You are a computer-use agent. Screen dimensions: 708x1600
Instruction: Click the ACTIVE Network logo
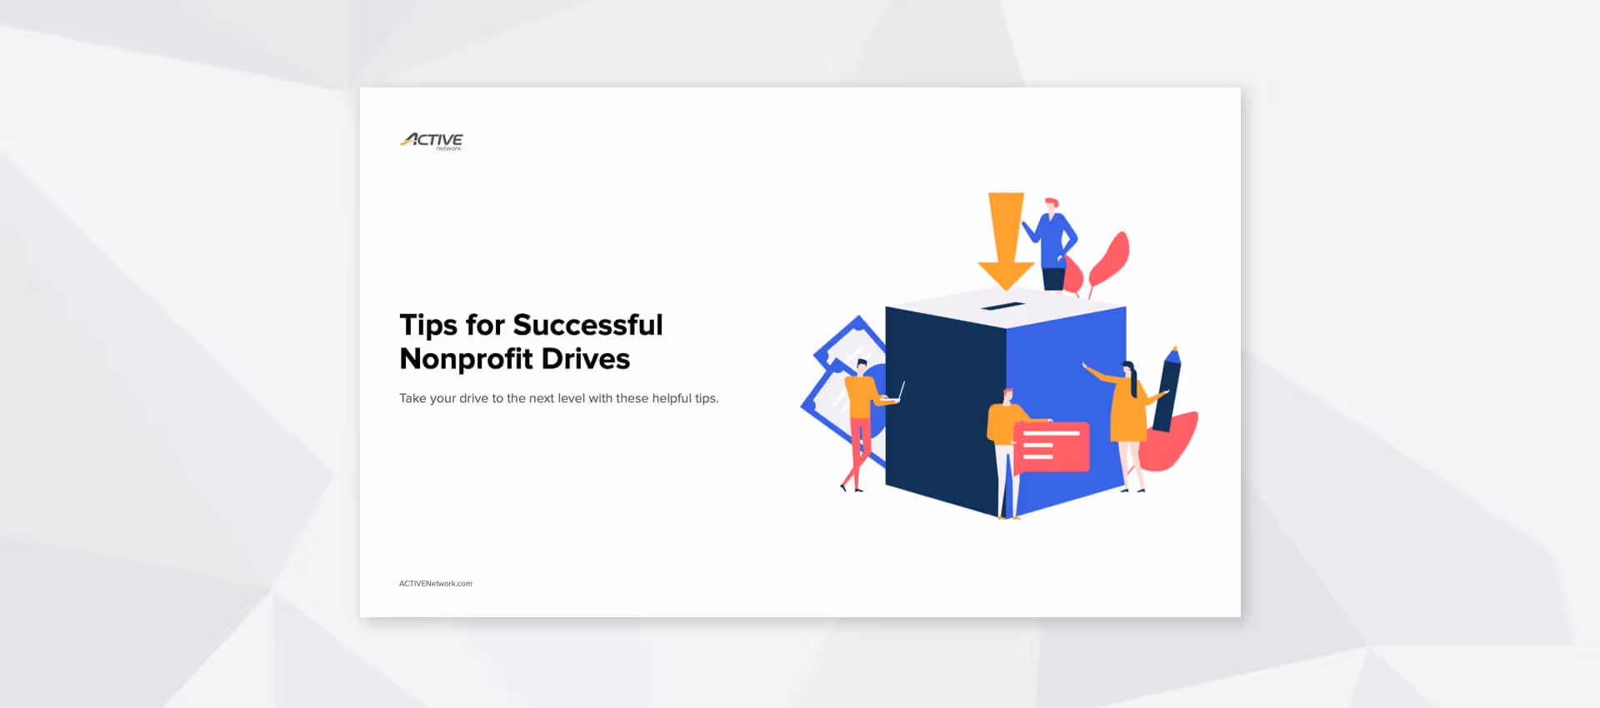[431, 141]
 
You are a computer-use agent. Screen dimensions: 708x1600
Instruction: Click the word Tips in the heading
[428, 326]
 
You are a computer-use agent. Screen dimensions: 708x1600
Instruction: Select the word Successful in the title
[587, 325]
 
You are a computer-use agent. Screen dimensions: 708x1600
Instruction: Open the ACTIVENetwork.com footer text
[435, 584]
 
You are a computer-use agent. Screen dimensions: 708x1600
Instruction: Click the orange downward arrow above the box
[1006, 237]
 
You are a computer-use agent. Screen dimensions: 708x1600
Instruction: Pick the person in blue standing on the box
[1052, 244]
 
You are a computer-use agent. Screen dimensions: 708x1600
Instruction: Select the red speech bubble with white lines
[1052, 446]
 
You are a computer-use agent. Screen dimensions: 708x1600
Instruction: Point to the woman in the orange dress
[1129, 412]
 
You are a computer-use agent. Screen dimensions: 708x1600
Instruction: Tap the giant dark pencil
[1167, 389]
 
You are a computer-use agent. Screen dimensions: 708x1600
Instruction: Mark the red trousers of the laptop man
[858, 450]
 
